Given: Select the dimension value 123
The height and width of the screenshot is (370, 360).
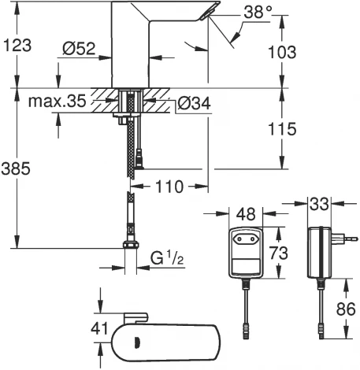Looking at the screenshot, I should coord(17,45).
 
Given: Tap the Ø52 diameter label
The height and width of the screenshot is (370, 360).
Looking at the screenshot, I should coord(80,48).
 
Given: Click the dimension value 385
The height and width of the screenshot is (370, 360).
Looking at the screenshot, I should coord(17,167).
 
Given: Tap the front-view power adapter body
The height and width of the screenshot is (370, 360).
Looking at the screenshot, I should coord(247,252).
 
